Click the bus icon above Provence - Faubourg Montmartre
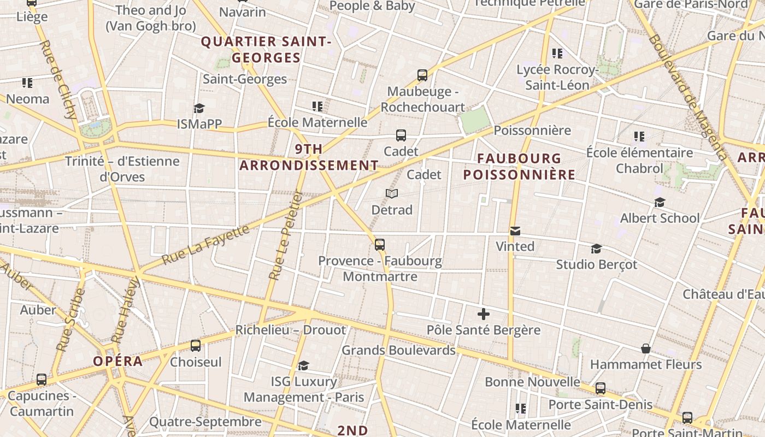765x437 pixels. tap(380, 245)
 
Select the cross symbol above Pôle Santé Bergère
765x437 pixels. tap(484, 314)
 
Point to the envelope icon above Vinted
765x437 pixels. tap(515, 231)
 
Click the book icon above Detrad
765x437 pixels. tap(392, 193)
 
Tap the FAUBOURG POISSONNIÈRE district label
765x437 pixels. tap(519, 167)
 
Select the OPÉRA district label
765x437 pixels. tap(117, 361)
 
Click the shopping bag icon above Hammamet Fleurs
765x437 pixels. tap(645, 349)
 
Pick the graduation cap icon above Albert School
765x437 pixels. tap(660, 203)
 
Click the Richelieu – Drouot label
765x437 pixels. tap(290, 330)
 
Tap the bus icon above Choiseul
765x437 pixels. tap(196, 346)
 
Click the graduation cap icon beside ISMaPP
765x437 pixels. tap(199, 108)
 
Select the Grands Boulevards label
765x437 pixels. tap(398, 350)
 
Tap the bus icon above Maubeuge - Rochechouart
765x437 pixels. tap(422, 75)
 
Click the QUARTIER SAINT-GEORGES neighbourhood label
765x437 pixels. tap(266, 49)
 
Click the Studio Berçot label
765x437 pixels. tap(596, 264)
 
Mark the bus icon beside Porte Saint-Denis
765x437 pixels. tap(601, 388)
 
